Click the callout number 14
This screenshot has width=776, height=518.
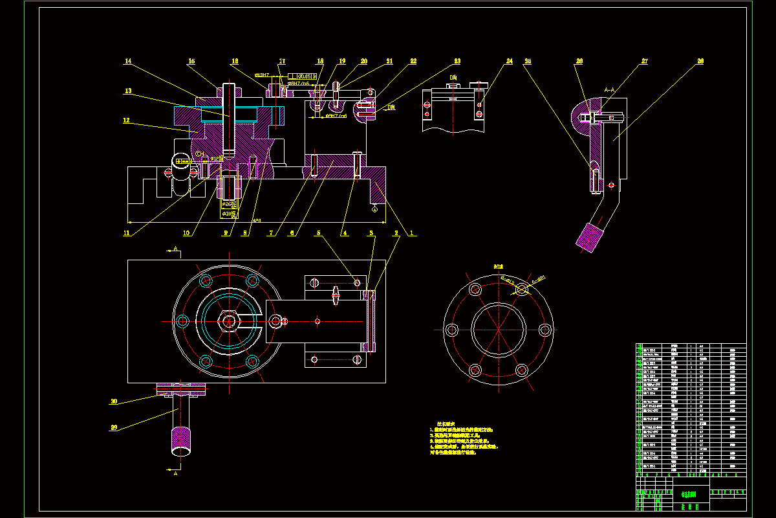click(x=128, y=62)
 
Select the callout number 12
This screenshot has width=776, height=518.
click(x=127, y=120)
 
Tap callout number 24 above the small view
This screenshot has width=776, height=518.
click(x=510, y=62)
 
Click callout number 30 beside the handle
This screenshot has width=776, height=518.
click(x=114, y=401)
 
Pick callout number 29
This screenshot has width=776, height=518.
click(x=114, y=427)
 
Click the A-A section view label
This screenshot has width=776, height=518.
click(x=609, y=90)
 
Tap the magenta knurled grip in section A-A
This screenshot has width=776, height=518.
click(x=588, y=236)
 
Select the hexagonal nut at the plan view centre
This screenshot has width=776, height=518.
click(x=229, y=321)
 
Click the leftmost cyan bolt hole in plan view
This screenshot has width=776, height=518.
click(x=182, y=320)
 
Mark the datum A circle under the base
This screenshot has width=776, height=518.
click(x=375, y=208)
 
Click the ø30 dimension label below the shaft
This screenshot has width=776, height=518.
click(x=228, y=212)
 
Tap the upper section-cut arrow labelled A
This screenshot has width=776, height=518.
click(x=175, y=249)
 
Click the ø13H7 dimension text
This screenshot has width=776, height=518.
click(x=263, y=74)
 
